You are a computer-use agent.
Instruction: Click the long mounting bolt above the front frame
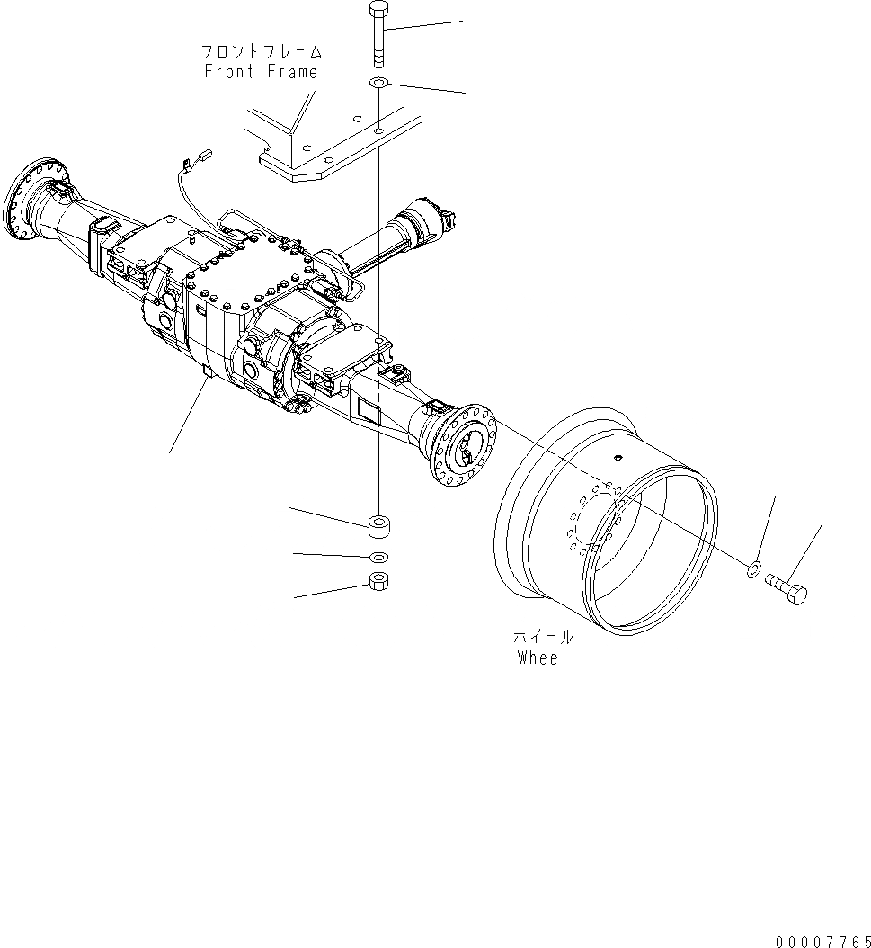click(x=378, y=35)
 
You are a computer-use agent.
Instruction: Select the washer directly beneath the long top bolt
click(x=378, y=84)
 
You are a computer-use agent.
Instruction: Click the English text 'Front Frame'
click(x=261, y=72)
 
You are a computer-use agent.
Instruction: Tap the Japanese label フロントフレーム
click(x=261, y=52)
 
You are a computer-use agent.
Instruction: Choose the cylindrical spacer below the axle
click(x=378, y=523)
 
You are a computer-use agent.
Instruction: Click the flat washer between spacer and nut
click(x=378, y=556)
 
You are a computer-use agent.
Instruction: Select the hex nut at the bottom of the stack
click(x=378, y=582)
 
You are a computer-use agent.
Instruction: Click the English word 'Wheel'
click(x=543, y=657)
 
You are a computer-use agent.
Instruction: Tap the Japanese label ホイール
click(x=543, y=637)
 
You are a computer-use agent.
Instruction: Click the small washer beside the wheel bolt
click(x=754, y=568)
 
